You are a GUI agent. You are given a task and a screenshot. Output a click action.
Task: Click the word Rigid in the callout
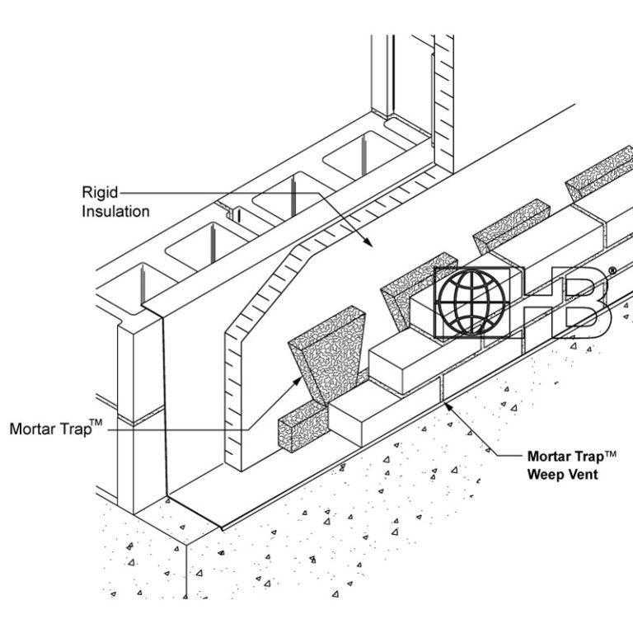(99, 192)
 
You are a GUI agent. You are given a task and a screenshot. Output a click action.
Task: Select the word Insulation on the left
(115, 211)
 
